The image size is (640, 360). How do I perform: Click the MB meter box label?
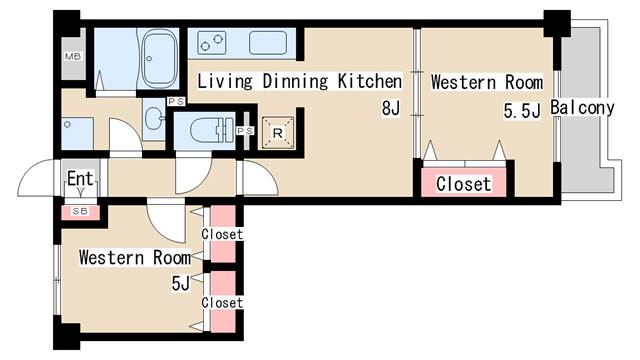coord(73,56)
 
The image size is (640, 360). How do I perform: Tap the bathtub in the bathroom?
coord(158,58)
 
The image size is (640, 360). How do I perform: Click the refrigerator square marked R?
coord(278,133)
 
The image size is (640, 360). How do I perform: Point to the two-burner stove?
coord(211,43)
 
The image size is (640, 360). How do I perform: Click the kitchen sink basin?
coord(268,43)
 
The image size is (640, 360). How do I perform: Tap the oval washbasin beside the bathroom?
coord(154,118)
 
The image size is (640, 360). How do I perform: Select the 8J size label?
coord(391,109)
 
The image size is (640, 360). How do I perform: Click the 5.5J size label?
coord(522,111)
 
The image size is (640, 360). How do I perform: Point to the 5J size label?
coord(181,283)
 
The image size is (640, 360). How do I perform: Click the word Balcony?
coord(582,107)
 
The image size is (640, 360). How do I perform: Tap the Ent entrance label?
coord(80,178)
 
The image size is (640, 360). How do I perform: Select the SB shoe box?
coord(80,212)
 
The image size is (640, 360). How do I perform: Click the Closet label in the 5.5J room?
coord(463,184)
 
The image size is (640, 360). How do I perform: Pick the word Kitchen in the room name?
coord(369,81)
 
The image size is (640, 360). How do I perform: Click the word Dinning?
coord(295,81)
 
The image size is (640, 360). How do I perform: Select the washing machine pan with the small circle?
coord(78,133)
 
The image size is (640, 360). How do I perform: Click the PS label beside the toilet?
coord(245,131)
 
